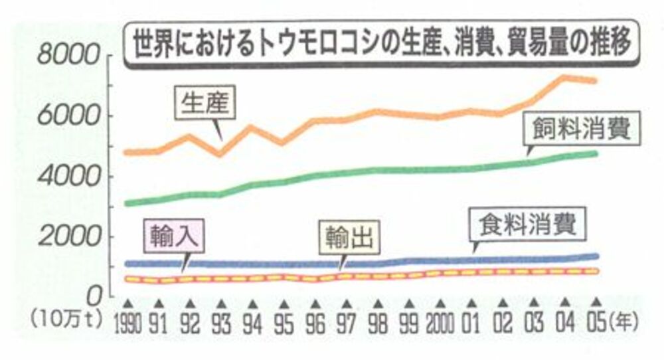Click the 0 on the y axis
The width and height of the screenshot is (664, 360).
pos(94,292)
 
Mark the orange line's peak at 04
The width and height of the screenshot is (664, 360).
pos(565,78)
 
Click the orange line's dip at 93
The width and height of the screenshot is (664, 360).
pos(221,154)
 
